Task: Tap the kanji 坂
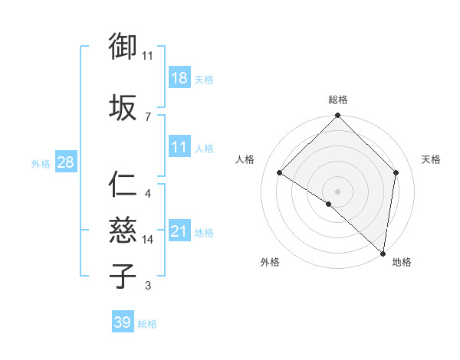(123, 108)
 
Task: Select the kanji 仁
(123, 185)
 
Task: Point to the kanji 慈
(123, 231)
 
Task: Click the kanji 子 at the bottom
(123, 276)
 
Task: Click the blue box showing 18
(179, 78)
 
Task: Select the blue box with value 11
(179, 148)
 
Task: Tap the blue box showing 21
(179, 231)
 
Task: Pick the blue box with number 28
(65, 162)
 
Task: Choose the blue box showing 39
(123, 322)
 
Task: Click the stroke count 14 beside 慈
(148, 240)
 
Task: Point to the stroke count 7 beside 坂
(147, 116)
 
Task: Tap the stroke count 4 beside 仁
(147, 194)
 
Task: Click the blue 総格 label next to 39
(147, 324)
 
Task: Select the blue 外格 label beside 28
(40, 163)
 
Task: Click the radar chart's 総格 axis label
(337, 100)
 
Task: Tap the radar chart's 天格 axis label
(431, 159)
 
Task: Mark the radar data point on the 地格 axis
(383, 254)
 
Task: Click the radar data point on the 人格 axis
(280, 173)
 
